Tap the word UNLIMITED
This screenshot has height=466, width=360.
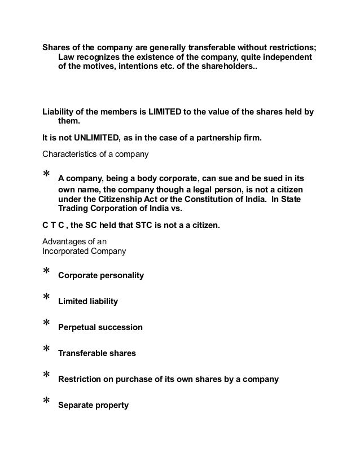point(98,137)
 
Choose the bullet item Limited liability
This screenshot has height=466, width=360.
point(88,301)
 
